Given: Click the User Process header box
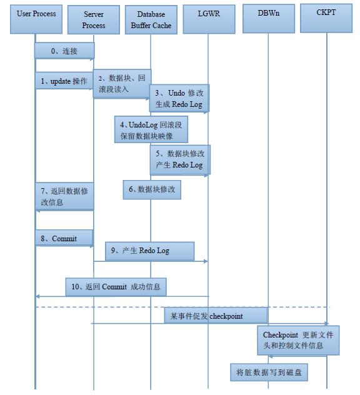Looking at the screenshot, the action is tap(36, 19).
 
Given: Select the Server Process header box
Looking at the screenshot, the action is tap(94, 19).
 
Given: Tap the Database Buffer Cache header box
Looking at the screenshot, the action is tap(151, 19).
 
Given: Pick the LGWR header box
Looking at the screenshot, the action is tap(209, 19).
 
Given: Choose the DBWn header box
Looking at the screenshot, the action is tap(269, 19).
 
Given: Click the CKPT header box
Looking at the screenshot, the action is tap(326, 18).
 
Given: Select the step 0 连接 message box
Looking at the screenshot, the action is tap(64, 51).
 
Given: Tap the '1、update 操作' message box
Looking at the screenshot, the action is tap(64, 81).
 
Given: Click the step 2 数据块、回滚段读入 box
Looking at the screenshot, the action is tap(122, 83).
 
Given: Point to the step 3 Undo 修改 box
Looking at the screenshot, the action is tap(179, 98).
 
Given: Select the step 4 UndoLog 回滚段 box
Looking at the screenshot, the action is tap(151, 129).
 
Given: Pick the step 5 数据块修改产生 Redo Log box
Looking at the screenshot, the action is tap(180, 159).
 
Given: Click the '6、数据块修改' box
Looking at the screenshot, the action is tap(152, 190).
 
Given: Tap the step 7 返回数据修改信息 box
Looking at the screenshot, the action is tap(64, 196).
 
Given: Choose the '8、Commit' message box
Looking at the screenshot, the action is tap(64, 237).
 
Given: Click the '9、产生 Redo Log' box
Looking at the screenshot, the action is tap(149, 251).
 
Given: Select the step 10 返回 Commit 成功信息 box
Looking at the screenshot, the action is tap(116, 287).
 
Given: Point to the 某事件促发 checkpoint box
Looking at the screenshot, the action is tap(216, 315).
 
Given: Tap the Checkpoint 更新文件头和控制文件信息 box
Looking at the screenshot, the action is tap(298, 340).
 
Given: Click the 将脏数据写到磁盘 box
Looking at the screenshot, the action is tap(269, 372).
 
